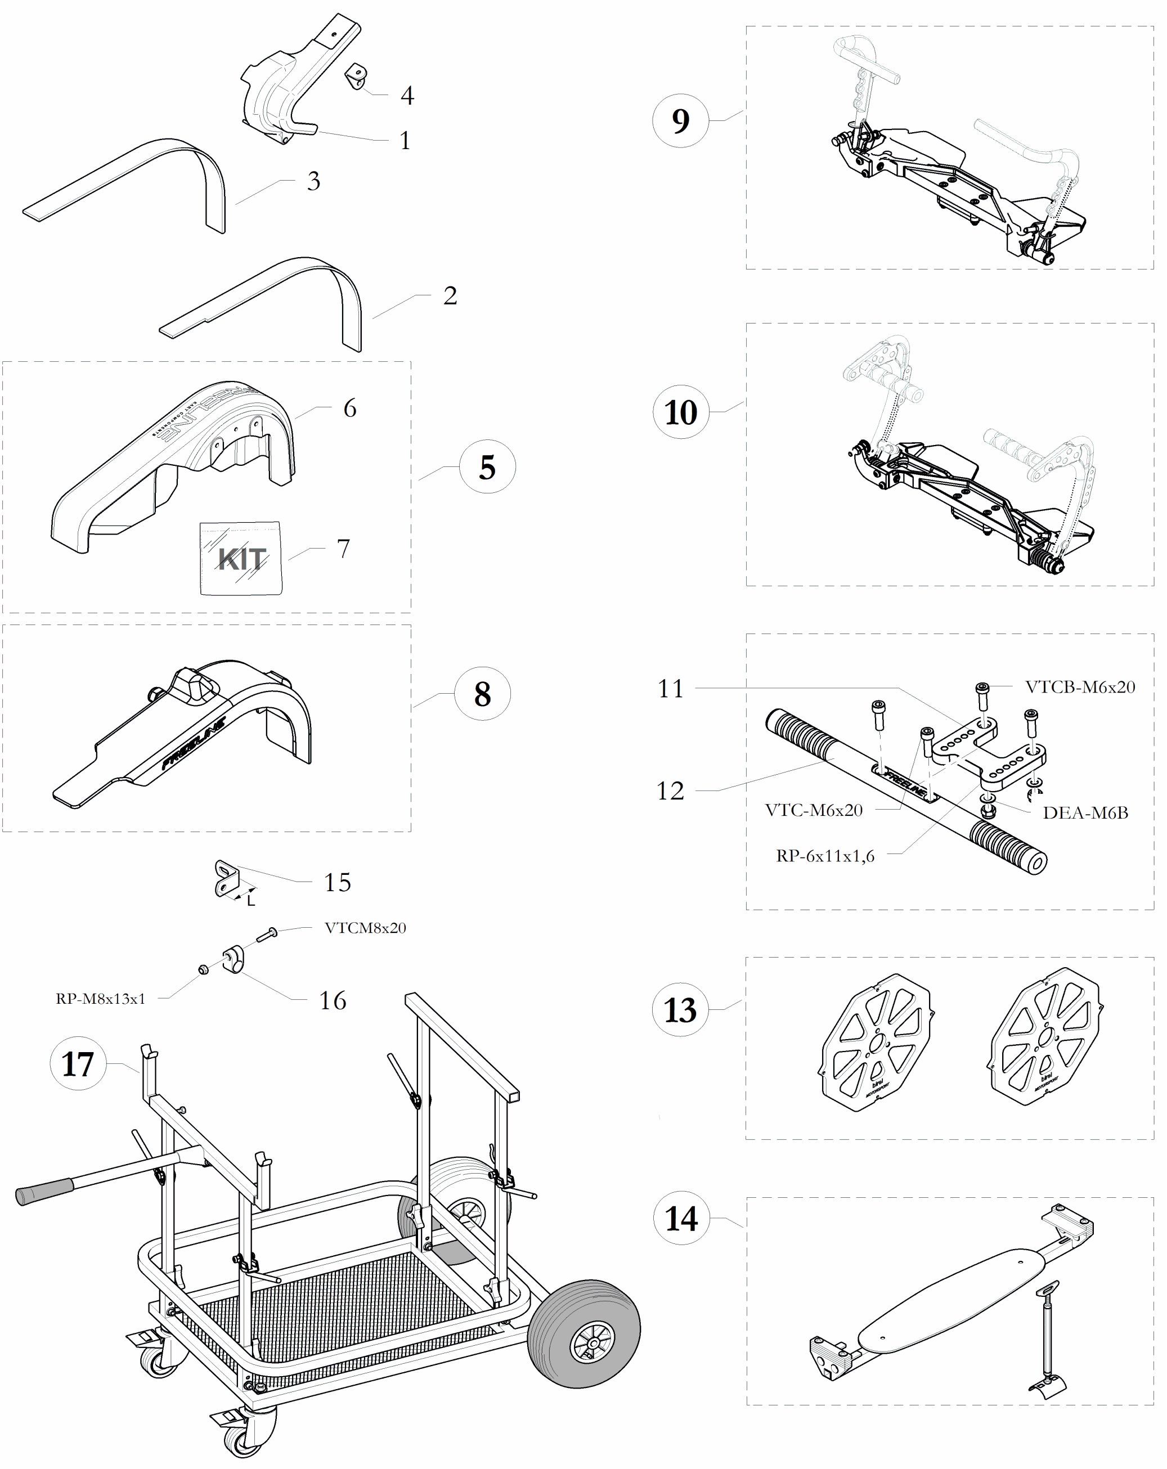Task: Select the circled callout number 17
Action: (78, 1063)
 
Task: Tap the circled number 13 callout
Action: (681, 1010)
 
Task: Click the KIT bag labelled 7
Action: (240, 558)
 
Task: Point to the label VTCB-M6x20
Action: (1080, 687)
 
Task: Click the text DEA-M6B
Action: (1085, 813)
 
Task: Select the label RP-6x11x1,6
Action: (825, 856)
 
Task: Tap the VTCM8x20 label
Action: (365, 928)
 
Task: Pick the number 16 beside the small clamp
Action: (333, 1000)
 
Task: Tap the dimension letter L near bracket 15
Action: (252, 901)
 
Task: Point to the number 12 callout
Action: (670, 790)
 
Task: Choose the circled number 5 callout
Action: (487, 468)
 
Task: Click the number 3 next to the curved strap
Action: (313, 181)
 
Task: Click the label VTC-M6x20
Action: (814, 810)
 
